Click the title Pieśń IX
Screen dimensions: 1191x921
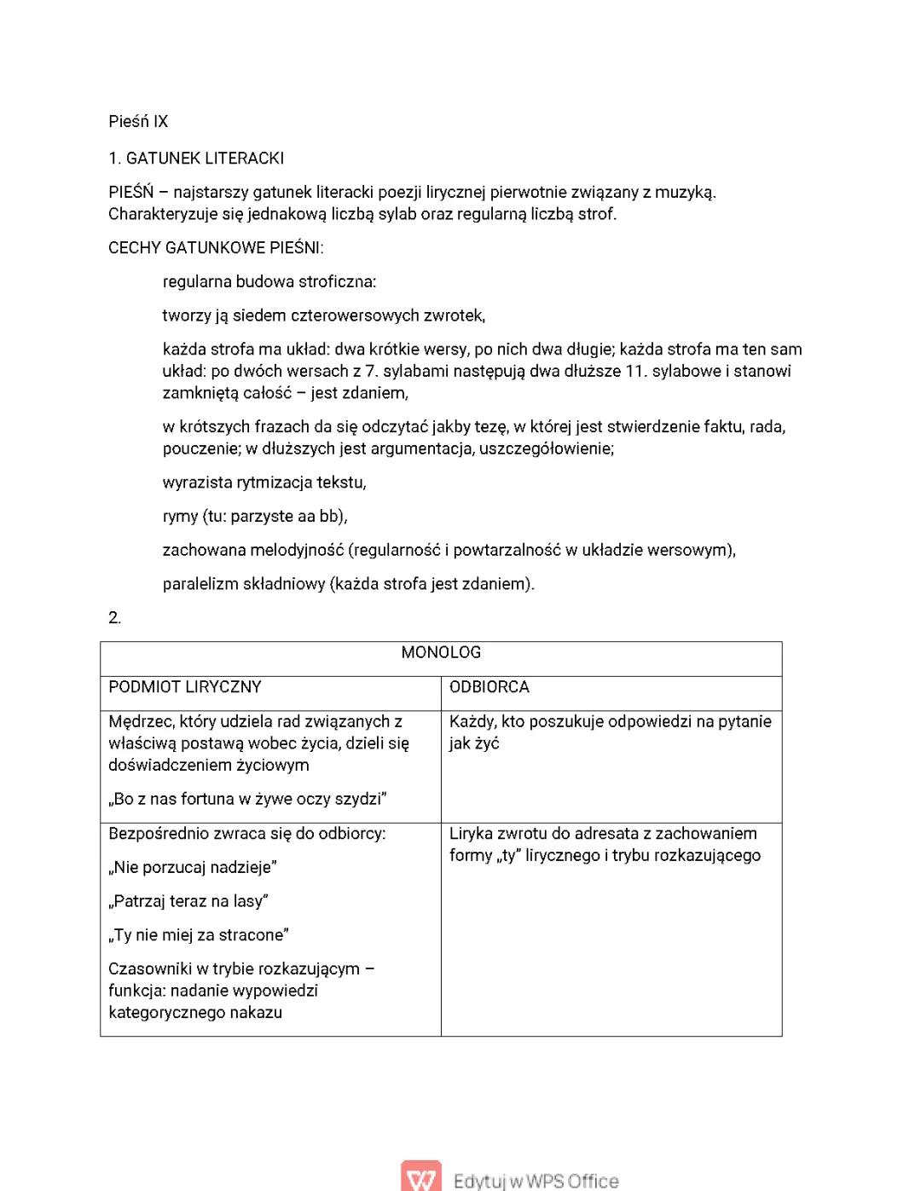pyautogui.click(x=138, y=122)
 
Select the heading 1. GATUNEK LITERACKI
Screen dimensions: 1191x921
pyautogui.click(x=196, y=159)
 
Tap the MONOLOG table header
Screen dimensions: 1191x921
pyautogui.click(x=441, y=653)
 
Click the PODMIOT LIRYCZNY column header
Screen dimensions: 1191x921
pyautogui.click(x=185, y=687)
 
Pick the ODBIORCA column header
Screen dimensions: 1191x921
pyautogui.click(x=489, y=687)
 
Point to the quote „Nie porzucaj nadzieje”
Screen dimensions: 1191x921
pyautogui.click(x=193, y=868)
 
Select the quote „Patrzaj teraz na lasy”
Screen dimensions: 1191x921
pyautogui.click(x=188, y=902)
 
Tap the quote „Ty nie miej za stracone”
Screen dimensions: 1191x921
pyautogui.click(x=199, y=935)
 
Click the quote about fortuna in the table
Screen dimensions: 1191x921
pyautogui.click(x=247, y=800)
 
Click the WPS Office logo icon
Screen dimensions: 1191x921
pyautogui.click(x=421, y=1177)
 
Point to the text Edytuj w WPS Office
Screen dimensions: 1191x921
pyautogui.click(x=536, y=1181)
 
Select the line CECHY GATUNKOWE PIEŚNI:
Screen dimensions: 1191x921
pyautogui.click(x=216, y=248)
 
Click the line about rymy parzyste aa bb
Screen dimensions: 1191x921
pyautogui.click(x=255, y=517)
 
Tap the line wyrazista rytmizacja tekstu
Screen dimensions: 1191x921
pyautogui.click(x=264, y=483)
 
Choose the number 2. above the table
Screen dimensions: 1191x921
pyautogui.click(x=115, y=618)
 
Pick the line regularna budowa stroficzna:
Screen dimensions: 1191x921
pyautogui.click(x=269, y=282)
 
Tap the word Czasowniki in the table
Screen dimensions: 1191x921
pyautogui.click(x=149, y=969)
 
